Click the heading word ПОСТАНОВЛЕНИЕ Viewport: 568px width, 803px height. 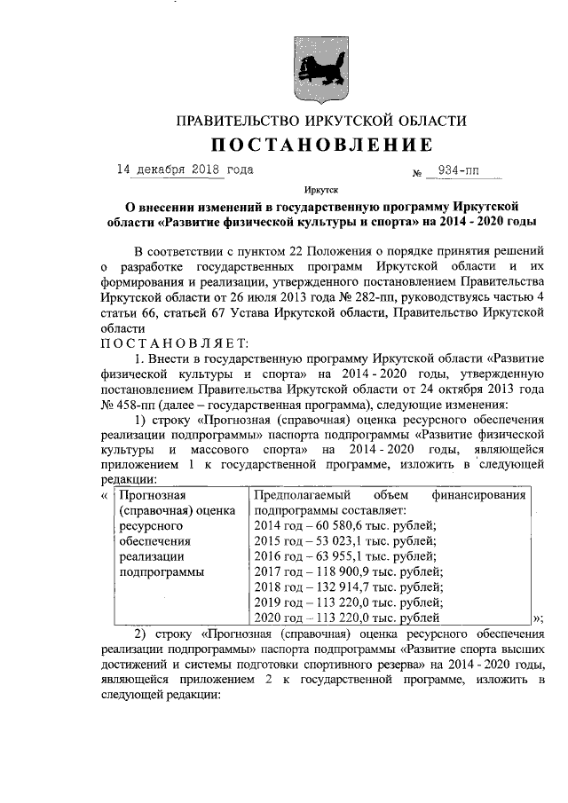[x=320, y=145]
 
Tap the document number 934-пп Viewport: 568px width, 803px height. [x=457, y=169]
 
